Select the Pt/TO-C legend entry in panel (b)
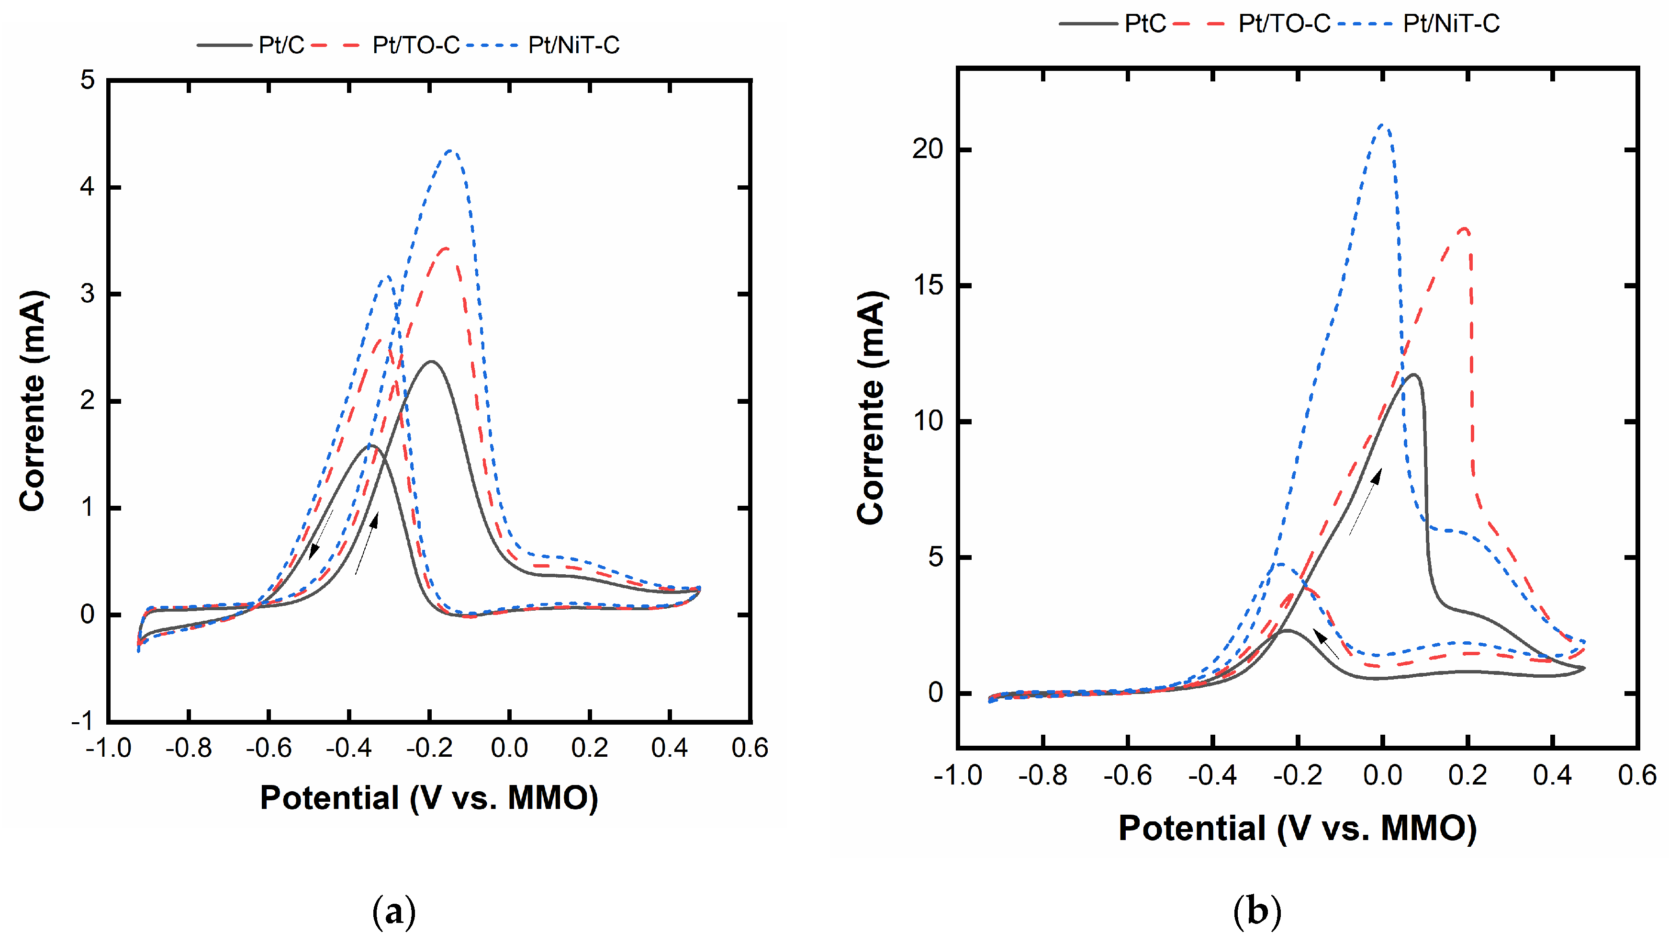click(x=1284, y=24)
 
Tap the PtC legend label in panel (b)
click(x=1145, y=24)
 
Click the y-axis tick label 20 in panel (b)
click(x=927, y=149)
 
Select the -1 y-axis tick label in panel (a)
click(x=83, y=720)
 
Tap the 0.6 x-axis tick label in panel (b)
click(x=1636, y=775)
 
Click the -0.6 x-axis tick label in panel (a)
click(x=268, y=748)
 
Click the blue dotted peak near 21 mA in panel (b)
click(x=1383, y=125)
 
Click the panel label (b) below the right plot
click(x=1257, y=911)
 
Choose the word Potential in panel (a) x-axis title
click(x=329, y=797)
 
